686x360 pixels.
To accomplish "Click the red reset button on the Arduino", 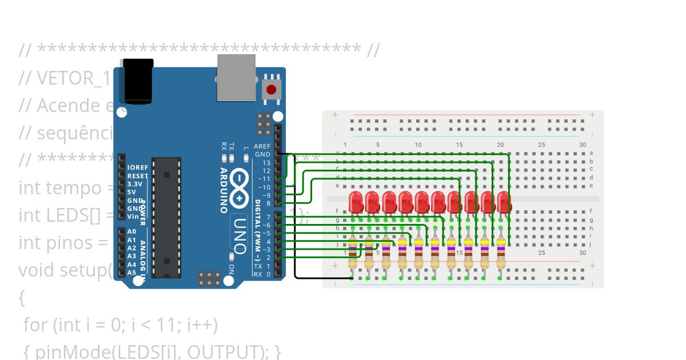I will [271, 90].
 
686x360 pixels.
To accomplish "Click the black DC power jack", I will [139, 80].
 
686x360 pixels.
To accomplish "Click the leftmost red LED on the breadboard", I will [356, 202].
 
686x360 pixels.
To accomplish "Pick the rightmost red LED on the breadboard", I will [504, 202].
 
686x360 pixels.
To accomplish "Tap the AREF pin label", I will [262, 146].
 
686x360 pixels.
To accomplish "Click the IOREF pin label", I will [138, 167].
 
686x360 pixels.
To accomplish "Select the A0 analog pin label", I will [131, 231].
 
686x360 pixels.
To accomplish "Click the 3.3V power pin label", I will [135, 184].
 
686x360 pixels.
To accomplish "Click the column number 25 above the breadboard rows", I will [541, 145].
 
